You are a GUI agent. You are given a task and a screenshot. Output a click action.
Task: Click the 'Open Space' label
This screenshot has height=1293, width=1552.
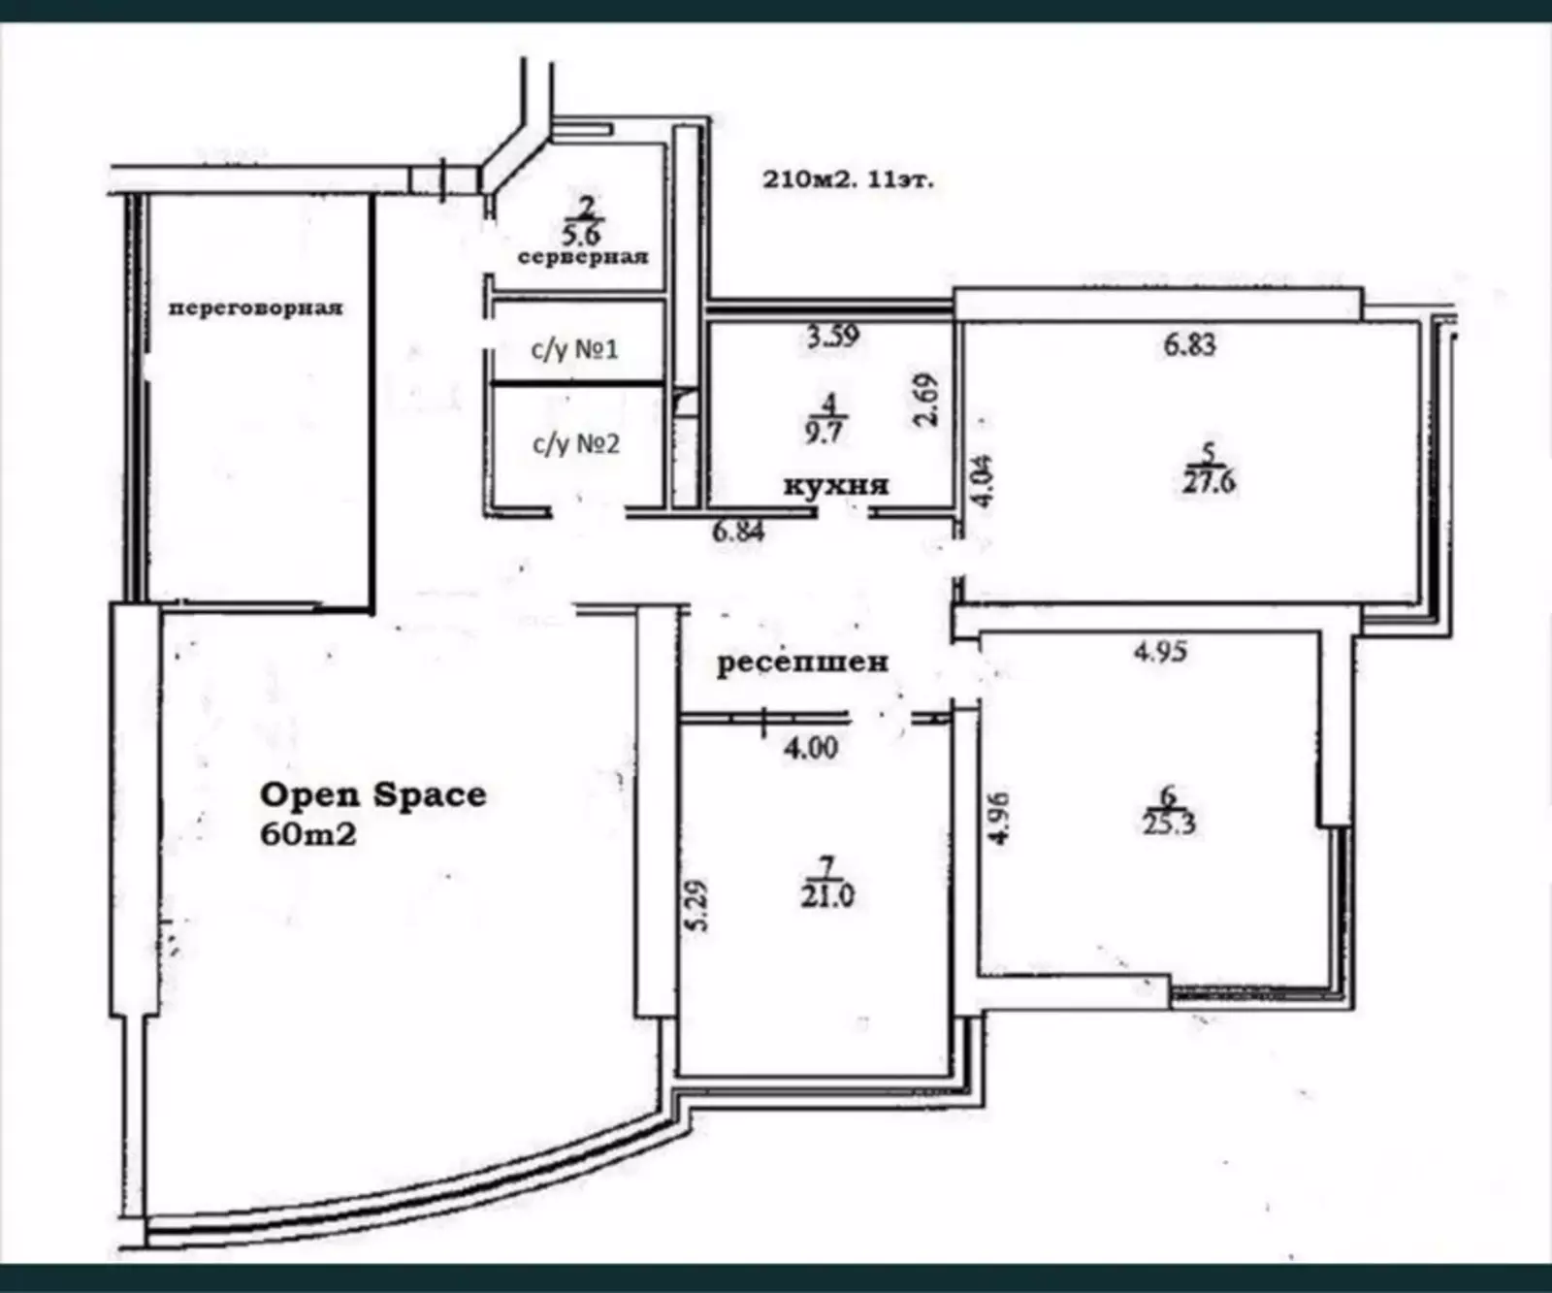[x=373, y=794]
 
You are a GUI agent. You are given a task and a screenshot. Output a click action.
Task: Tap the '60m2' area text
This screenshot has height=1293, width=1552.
[x=308, y=833]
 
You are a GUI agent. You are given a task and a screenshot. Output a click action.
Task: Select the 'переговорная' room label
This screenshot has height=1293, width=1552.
[x=256, y=308]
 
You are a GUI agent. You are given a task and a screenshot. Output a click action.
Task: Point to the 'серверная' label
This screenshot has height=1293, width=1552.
[x=582, y=257]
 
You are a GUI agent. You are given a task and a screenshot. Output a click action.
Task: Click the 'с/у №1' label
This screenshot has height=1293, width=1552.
[x=574, y=348]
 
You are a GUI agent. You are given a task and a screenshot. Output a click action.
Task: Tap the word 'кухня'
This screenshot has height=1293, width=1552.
[x=836, y=484]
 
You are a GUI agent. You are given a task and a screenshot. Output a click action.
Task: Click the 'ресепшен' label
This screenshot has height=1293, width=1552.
[x=802, y=663]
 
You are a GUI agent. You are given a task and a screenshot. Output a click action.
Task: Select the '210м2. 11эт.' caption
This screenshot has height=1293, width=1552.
[x=849, y=179]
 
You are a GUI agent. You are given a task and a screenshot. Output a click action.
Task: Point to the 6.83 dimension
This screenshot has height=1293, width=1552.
[x=1189, y=344]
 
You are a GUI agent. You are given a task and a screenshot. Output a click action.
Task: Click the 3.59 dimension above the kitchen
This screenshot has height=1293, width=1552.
[x=832, y=337]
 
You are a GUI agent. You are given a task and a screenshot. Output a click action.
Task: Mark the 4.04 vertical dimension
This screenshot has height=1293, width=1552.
[x=984, y=481]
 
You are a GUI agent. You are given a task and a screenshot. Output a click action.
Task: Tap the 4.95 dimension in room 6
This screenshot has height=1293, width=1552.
[x=1160, y=651]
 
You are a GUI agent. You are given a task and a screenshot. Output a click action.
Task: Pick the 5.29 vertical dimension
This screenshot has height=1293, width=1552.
[x=697, y=905]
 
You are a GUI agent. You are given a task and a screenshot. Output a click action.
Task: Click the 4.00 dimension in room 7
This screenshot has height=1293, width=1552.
[x=811, y=748]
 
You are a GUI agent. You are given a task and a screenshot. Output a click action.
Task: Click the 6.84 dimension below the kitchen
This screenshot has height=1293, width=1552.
[x=739, y=531]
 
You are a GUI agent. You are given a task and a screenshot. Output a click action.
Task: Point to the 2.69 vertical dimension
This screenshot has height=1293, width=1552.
[x=928, y=400]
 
